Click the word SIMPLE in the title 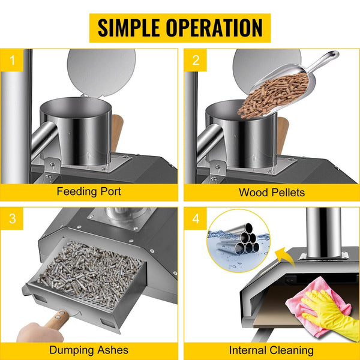[128, 28]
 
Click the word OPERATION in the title [214, 28]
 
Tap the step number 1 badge [12, 60]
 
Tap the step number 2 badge [196, 60]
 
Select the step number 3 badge [12, 218]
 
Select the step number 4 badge [196, 218]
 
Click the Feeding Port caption [89, 191]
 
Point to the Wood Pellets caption [272, 193]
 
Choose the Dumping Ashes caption [89, 350]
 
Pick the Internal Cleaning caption [271, 350]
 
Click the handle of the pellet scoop [324, 60]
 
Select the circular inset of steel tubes [239, 241]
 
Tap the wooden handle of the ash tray [57, 319]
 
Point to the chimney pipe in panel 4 [323, 232]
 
